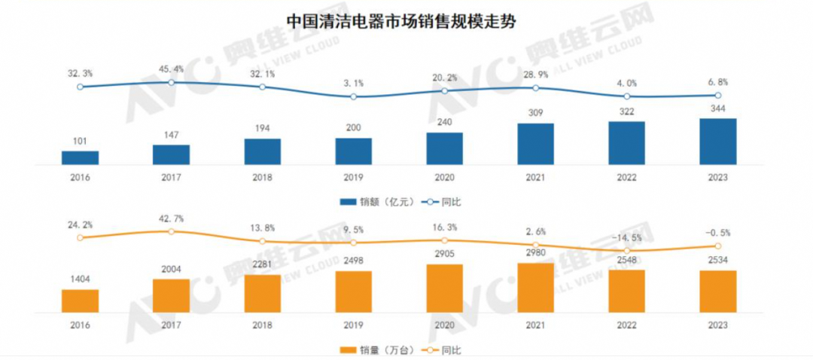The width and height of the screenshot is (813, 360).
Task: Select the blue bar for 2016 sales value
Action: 80,157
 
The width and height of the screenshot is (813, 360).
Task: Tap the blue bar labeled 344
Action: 717,142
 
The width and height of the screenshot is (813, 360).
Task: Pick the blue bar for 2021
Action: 535,144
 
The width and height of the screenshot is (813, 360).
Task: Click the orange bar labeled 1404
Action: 80,301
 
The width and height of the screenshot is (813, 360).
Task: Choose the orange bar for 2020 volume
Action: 444,288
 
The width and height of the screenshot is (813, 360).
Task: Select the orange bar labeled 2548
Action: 626,291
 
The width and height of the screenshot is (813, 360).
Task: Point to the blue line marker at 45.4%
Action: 171,82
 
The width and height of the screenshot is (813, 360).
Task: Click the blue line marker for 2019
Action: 353,96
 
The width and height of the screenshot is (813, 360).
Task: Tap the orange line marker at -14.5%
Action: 626,250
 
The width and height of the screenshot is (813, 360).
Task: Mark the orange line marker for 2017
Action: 171,231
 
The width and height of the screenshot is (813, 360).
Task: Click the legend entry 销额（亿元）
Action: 369,201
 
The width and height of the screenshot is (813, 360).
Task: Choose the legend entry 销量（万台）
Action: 369,349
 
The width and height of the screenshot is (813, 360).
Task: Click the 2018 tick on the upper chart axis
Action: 262,177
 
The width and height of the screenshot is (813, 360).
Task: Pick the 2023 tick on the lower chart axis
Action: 717,325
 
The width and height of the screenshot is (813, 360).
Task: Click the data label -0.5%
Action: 717,233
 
